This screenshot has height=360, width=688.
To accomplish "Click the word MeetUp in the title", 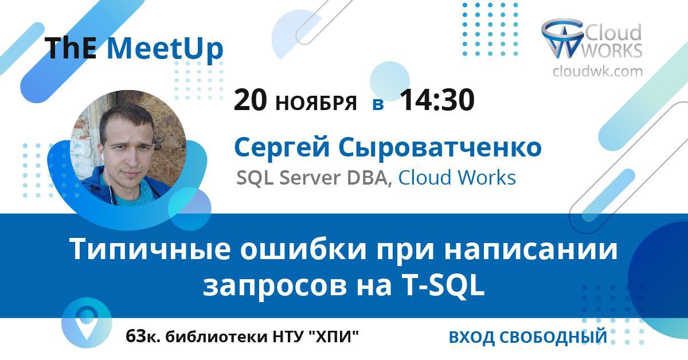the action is (165, 49).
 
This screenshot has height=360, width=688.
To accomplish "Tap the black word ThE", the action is (71, 48).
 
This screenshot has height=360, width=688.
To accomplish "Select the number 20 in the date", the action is (250, 100).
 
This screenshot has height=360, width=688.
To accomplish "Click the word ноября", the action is (316, 103).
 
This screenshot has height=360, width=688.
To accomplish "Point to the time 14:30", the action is (437, 100).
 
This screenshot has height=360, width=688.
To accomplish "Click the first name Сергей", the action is (282, 148).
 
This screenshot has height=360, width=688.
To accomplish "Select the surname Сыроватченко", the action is (440, 148).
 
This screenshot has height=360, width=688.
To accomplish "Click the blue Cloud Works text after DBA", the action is (457, 178).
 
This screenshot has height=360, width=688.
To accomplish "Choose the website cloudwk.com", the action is (597, 71).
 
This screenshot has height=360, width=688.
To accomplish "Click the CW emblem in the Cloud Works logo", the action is (562, 38).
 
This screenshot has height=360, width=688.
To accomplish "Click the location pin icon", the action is (87, 323).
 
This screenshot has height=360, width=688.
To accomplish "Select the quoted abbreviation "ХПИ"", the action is (333, 337).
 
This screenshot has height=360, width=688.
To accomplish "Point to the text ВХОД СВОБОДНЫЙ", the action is (528, 337).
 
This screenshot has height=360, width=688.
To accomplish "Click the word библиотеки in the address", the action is (217, 337).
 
